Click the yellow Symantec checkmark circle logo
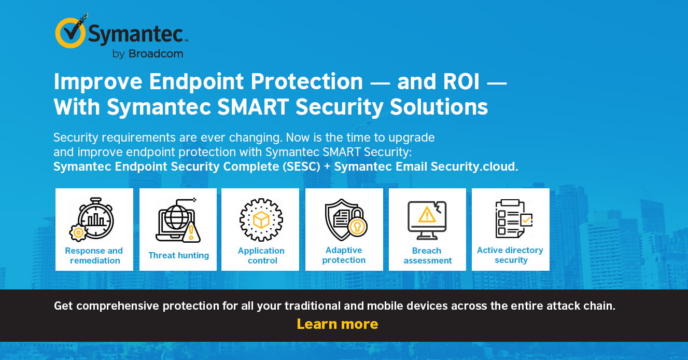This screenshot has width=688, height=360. coord(70,33)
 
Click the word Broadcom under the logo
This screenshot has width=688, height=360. coord(156,54)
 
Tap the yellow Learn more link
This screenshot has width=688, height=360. coord(337,324)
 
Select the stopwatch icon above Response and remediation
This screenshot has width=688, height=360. coord(92,219)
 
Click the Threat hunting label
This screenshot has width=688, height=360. coord(178,255)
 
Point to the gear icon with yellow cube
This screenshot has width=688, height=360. coord(261,219)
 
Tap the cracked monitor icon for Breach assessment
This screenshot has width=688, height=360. coord(427,220)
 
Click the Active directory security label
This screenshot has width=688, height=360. coord(510,255)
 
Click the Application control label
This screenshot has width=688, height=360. coord(261,255)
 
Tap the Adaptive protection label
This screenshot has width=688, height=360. coord(344,255)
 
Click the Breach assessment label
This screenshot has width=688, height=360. coord(427,255)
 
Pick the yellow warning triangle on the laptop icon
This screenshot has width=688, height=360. coord(191,232)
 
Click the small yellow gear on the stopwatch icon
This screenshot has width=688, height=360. coord(78,233)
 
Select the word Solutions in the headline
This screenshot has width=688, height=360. coord(439,107)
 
